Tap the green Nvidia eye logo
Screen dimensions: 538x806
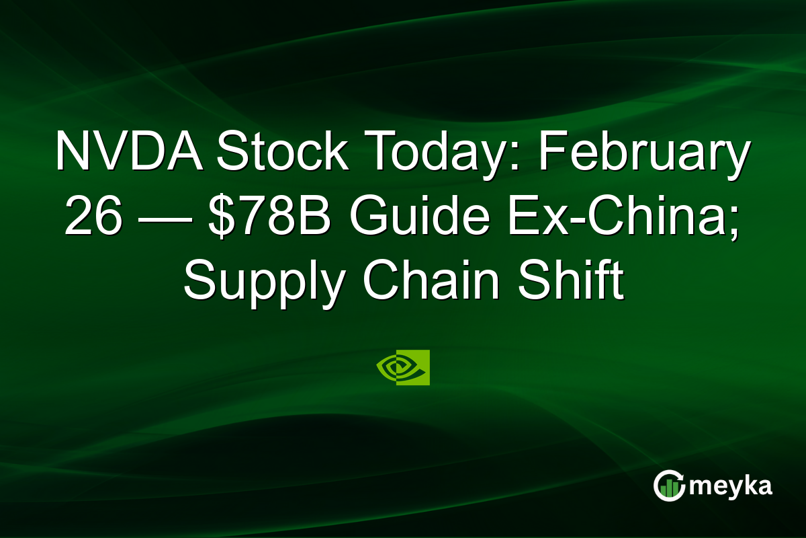pyautogui.click(x=403, y=367)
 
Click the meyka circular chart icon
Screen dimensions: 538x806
pyautogui.click(x=669, y=486)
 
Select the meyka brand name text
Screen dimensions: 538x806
pyautogui.click(x=730, y=486)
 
